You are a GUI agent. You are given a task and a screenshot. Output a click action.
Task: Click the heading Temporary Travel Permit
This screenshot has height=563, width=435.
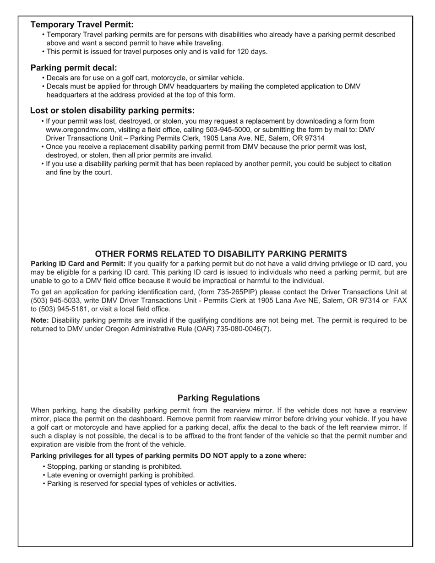[82, 25]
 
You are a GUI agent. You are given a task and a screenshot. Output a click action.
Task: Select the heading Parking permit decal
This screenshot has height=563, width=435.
[74, 68]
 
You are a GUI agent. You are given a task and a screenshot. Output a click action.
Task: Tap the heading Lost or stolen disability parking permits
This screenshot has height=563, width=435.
[112, 110]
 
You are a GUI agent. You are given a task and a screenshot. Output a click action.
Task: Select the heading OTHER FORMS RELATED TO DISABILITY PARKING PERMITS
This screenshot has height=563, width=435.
[221, 254]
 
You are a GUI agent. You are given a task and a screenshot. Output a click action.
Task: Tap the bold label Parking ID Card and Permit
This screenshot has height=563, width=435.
[78, 264]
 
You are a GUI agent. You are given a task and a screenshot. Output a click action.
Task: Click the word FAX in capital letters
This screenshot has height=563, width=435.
[400, 301]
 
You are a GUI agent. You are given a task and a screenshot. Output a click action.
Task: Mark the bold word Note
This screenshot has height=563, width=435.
[39, 320]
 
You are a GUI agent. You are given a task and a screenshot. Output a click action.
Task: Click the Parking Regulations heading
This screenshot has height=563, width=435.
[218, 398]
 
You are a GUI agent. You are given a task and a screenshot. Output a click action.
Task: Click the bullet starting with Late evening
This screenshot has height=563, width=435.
[121, 475]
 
